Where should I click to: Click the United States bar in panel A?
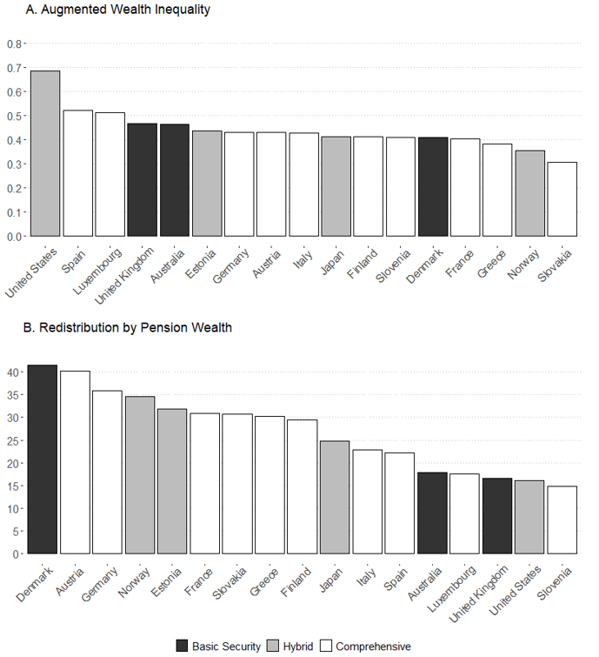coord(45,153)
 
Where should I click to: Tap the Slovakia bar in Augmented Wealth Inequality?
coord(562,199)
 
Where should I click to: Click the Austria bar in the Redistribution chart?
coord(75,462)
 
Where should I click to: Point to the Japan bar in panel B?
coord(335,497)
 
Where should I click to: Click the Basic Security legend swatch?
coord(182,646)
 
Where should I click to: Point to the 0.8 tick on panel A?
coord(16,44)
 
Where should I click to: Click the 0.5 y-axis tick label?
coord(16,116)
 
